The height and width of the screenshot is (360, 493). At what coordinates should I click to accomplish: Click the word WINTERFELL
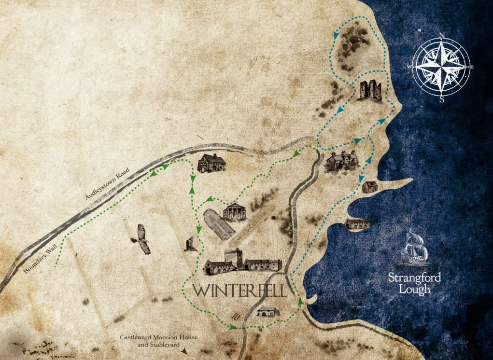239,291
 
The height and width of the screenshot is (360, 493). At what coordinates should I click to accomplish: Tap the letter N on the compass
441,35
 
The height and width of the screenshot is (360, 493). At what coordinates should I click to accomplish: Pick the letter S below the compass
442,99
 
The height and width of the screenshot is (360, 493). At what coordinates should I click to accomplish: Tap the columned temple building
235,212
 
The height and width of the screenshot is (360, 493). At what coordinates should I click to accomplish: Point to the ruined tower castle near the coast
370,90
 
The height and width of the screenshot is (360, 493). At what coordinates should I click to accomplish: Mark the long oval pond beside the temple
216,225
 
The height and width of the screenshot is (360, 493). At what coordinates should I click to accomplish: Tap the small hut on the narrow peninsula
369,187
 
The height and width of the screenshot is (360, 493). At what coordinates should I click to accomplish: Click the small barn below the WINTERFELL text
268,312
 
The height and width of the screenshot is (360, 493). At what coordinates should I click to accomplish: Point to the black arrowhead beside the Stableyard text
185,352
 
